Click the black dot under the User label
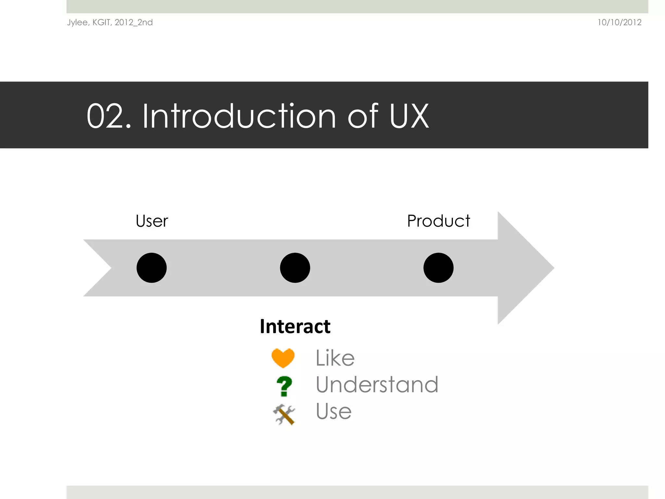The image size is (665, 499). pyautogui.click(x=151, y=268)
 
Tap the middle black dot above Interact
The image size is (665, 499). pyautogui.click(x=295, y=268)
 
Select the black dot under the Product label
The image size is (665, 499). pyautogui.click(x=438, y=268)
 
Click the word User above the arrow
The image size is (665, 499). pyautogui.click(x=152, y=221)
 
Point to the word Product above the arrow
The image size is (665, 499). pyautogui.click(x=438, y=221)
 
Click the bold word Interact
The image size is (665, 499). pyautogui.click(x=295, y=326)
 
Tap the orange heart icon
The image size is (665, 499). pyautogui.click(x=283, y=358)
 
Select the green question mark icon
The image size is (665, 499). pyautogui.click(x=284, y=386)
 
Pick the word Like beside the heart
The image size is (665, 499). pyautogui.click(x=335, y=358)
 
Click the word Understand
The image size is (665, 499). pyautogui.click(x=377, y=385)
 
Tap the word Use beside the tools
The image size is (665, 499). pyautogui.click(x=333, y=411)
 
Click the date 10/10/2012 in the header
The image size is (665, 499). pyautogui.click(x=619, y=22)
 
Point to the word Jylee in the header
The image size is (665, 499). pyautogui.click(x=78, y=22)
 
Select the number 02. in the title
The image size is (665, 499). pyautogui.click(x=108, y=116)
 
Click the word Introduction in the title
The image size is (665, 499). pyautogui.click(x=239, y=116)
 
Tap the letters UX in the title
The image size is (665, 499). pyautogui.click(x=409, y=116)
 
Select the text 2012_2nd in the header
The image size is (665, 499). pyautogui.click(x=133, y=22)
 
